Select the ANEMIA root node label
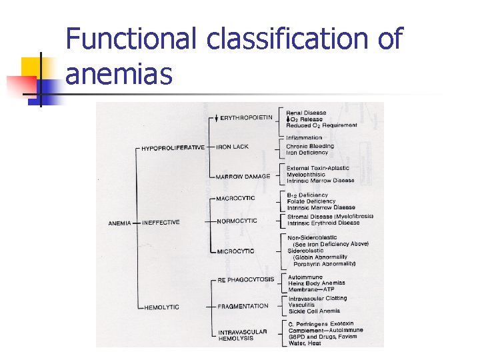point(120,223)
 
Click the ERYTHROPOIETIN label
point(246,118)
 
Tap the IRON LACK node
point(233,147)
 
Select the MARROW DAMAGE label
point(243,177)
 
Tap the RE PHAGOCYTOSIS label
point(246,280)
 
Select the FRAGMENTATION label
point(243,307)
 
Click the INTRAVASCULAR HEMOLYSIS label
point(242,335)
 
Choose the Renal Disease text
point(306,113)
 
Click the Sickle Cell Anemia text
point(313,311)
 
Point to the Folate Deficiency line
point(311,201)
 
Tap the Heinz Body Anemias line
point(316,283)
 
